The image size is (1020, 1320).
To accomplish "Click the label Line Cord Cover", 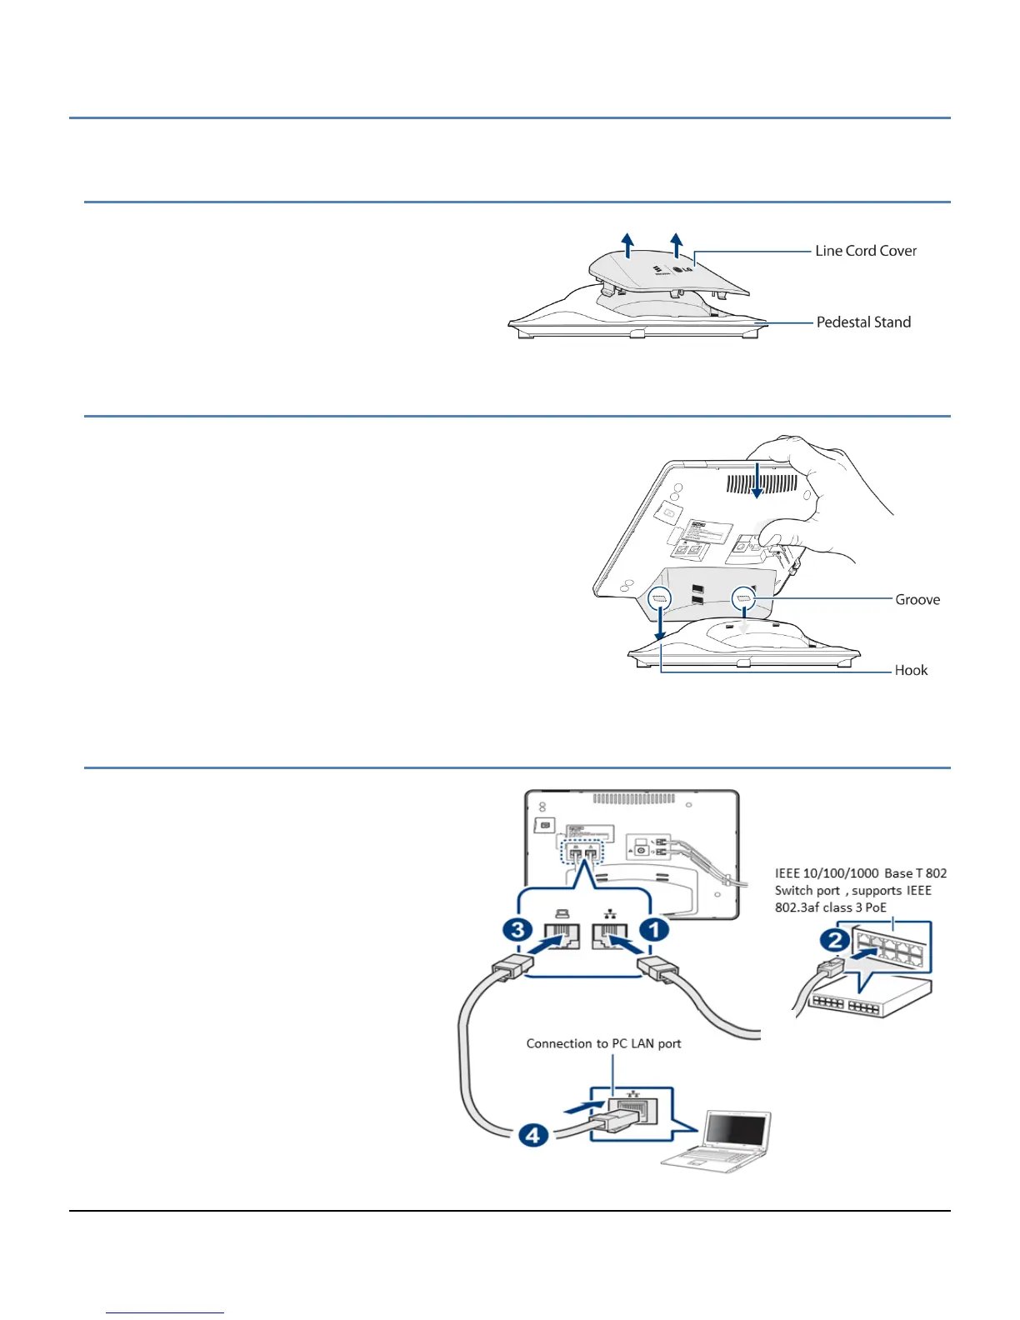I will click(x=865, y=251).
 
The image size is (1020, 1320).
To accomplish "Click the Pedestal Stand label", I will click(x=863, y=322).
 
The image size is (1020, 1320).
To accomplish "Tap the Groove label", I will click(x=917, y=599).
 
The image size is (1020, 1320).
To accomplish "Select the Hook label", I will click(x=911, y=670).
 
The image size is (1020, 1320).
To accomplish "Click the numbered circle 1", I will click(x=654, y=927).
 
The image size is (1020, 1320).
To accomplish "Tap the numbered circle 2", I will click(x=835, y=941).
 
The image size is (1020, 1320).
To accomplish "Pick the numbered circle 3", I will click(x=518, y=927).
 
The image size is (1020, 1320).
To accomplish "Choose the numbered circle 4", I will click(x=533, y=1134).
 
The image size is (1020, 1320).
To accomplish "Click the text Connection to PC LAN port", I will click(x=603, y=1043).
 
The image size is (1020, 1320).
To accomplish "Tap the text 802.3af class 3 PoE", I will click(x=830, y=907).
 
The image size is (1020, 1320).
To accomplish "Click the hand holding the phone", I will click(x=825, y=500).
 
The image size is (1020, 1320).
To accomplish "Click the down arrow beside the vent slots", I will click(x=756, y=481).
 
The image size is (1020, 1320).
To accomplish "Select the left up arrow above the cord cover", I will click(x=627, y=245).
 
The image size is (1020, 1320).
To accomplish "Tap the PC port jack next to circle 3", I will click(x=562, y=937).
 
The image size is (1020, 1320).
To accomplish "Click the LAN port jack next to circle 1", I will click(x=609, y=937).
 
